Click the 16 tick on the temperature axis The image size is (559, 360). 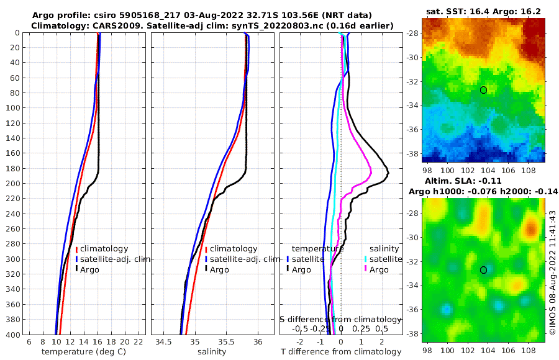[98, 341]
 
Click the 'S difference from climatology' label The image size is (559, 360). [341, 319]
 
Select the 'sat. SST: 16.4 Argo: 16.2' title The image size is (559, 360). [483, 11]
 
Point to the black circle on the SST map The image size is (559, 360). [483, 90]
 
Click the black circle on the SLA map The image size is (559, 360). [483, 270]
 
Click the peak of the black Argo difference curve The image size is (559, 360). [388, 173]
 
